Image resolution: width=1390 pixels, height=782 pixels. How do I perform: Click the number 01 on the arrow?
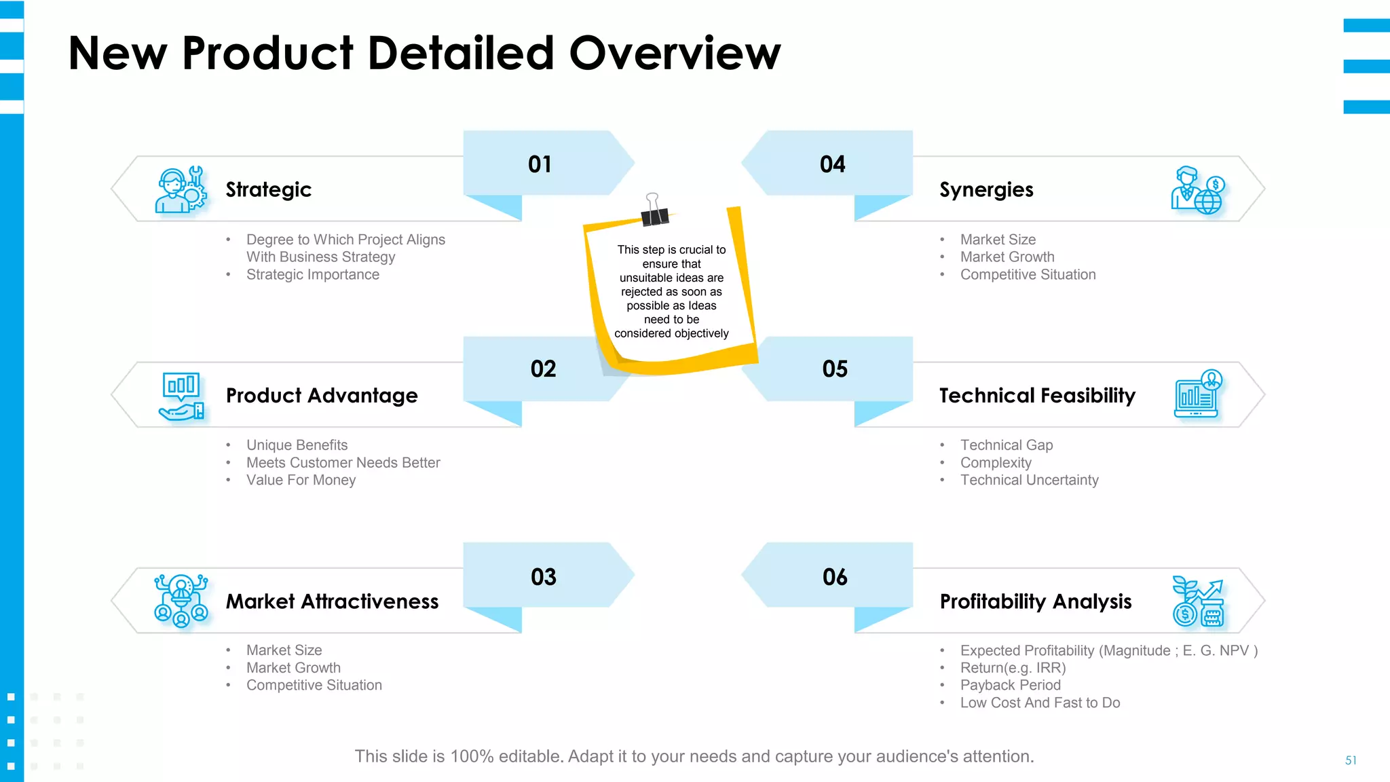click(540, 164)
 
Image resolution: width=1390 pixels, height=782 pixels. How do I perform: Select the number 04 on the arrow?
click(833, 164)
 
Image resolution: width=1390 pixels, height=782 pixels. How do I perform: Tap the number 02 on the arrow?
click(543, 369)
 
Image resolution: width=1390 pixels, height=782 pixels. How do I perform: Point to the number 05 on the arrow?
click(835, 369)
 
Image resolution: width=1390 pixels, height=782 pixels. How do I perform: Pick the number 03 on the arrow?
click(543, 577)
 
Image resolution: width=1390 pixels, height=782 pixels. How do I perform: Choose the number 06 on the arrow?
click(835, 577)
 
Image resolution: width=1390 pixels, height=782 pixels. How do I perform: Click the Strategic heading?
click(269, 190)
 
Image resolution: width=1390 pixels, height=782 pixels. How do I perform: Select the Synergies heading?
click(986, 190)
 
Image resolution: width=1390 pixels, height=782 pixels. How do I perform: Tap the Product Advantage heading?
click(322, 396)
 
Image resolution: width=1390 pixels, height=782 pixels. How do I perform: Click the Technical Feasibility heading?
click(1037, 396)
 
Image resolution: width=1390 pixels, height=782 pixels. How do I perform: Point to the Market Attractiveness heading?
click(332, 601)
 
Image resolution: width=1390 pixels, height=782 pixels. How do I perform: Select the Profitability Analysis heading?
click(1036, 601)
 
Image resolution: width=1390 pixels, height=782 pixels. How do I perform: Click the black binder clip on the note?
click(654, 212)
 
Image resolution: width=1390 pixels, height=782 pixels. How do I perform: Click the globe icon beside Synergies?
click(1207, 202)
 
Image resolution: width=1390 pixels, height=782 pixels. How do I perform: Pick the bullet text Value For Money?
click(301, 481)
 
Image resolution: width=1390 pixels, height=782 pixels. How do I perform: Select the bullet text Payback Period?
click(1010, 686)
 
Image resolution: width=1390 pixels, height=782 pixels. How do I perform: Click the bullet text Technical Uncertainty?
click(1029, 481)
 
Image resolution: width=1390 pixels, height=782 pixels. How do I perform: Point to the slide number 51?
click(1351, 760)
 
